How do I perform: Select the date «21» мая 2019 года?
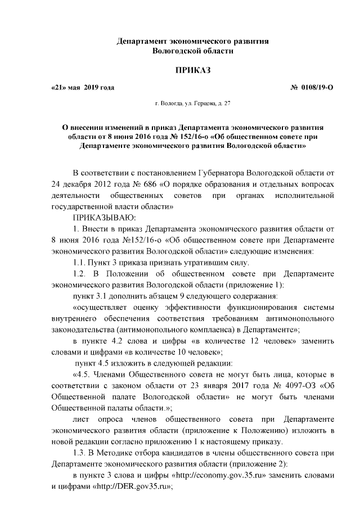[82, 87]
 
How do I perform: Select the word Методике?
[125, 453]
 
